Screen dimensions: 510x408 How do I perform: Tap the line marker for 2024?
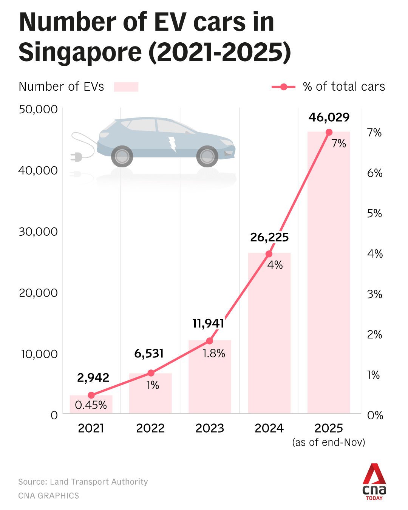point(269,254)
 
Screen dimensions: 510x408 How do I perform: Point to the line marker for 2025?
point(329,132)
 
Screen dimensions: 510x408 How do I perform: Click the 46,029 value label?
point(329,117)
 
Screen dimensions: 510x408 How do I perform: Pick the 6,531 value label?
point(149,354)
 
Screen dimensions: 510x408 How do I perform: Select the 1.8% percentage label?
point(214,354)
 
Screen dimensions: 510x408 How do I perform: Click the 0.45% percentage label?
point(91,405)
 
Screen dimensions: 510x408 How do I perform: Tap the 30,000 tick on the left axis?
point(38,232)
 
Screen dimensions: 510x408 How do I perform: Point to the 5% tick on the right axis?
point(374,213)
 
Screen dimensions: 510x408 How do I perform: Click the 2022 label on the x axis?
point(150,428)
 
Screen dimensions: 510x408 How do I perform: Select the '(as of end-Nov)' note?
point(329,442)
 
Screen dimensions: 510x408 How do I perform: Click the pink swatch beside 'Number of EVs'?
point(126,87)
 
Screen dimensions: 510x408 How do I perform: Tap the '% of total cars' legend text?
point(344,87)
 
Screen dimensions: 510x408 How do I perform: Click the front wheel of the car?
point(207,156)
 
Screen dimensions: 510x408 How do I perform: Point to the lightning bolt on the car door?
point(173,144)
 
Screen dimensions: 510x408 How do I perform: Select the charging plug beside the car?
point(76,156)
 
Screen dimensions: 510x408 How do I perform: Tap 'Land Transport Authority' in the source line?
point(99,482)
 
